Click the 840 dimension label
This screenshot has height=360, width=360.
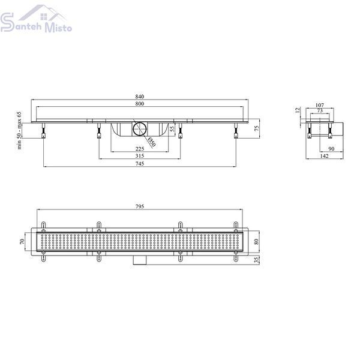click(x=140, y=97)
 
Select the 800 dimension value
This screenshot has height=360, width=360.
click(x=140, y=104)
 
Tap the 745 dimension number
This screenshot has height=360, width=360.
click(x=140, y=163)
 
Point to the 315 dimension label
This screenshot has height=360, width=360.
click(x=140, y=156)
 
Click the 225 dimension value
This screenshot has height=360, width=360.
click(x=140, y=149)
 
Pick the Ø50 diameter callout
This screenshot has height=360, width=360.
click(x=152, y=142)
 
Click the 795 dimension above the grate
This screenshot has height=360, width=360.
click(x=140, y=206)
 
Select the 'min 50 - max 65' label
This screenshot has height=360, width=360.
click(x=19, y=130)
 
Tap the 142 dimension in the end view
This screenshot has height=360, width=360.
click(x=324, y=156)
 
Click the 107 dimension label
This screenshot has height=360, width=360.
click(x=320, y=105)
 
